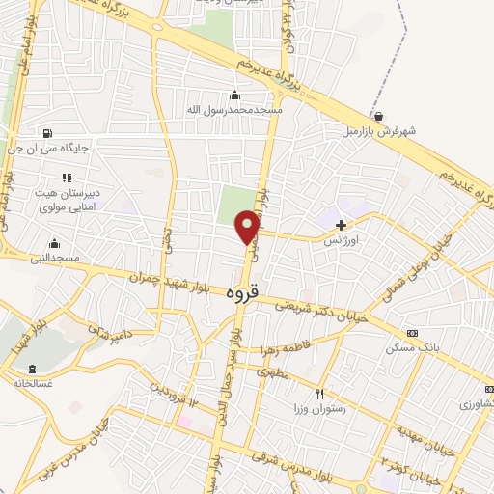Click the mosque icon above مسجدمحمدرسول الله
click(233, 95)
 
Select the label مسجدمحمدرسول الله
click(234, 110)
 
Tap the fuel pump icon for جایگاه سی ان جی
click(46, 133)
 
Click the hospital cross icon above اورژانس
click(341, 225)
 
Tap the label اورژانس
click(341, 238)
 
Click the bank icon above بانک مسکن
click(413, 333)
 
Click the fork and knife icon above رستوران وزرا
click(320, 394)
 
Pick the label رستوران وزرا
click(320, 409)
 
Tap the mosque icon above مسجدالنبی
click(55, 242)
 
